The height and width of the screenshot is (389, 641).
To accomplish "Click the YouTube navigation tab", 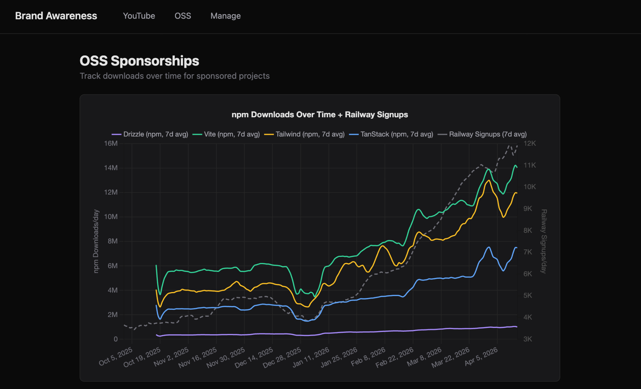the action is pyautogui.click(x=139, y=16).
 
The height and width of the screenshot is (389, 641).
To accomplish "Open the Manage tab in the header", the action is pyautogui.click(x=226, y=16).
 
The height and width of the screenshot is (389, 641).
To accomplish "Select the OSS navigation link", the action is pyautogui.click(x=183, y=16).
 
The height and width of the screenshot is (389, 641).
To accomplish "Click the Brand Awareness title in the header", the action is pyautogui.click(x=56, y=16).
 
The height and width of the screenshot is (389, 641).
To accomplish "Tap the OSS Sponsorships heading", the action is pyautogui.click(x=139, y=61).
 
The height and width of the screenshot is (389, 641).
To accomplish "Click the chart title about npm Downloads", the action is pyautogui.click(x=320, y=115).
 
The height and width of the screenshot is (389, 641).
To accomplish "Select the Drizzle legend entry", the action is pyautogui.click(x=150, y=134).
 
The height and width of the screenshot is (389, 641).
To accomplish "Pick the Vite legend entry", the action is pyautogui.click(x=226, y=134).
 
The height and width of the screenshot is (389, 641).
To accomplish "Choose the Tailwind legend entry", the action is pyautogui.click(x=304, y=134).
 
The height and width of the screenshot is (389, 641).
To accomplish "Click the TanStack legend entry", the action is pyautogui.click(x=391, y=134).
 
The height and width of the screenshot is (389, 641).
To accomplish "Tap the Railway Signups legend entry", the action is pyautogui.click(x=482, y=134).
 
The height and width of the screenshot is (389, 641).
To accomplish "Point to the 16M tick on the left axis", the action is pyautogui.click(x=111, y=143).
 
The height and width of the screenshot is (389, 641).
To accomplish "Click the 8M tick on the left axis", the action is pyautogui.click(x=113, y=241).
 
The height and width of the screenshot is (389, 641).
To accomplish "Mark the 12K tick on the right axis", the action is pyautogui.click(x=530, y=143).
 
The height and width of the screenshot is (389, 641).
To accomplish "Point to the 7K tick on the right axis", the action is pyautogui.click(x=528, y=252).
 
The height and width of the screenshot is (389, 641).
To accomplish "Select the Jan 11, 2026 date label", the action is pyautogui.click(x=311, y=357).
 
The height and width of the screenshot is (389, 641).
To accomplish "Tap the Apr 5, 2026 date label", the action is pyautogui.click(x=481, y=356).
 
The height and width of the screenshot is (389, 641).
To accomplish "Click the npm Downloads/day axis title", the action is pyautogui.click(x=96, y=241).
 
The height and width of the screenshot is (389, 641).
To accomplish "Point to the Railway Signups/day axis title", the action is pyautogui.click(x=544, y=241).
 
